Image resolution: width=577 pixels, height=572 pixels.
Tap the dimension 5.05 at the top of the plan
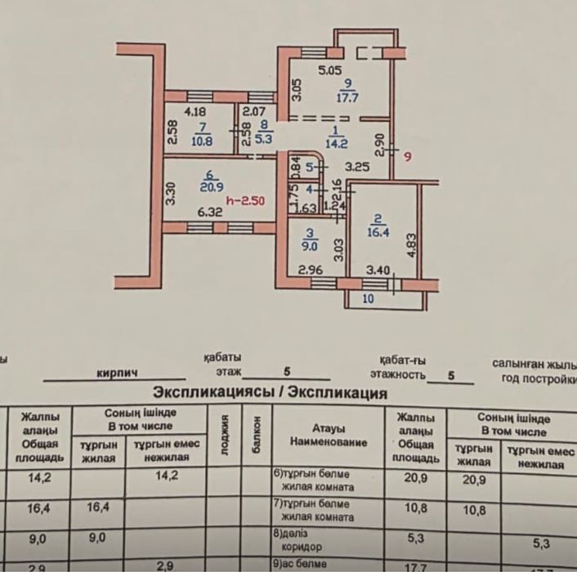pos(329,70)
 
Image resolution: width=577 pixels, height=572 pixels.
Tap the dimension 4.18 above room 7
pos(194,112)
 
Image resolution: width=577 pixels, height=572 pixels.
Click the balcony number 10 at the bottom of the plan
pos(368,300)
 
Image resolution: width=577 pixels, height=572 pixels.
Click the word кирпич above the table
pos(117,373)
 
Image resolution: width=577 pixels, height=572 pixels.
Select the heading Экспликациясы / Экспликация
pos(270,392)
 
